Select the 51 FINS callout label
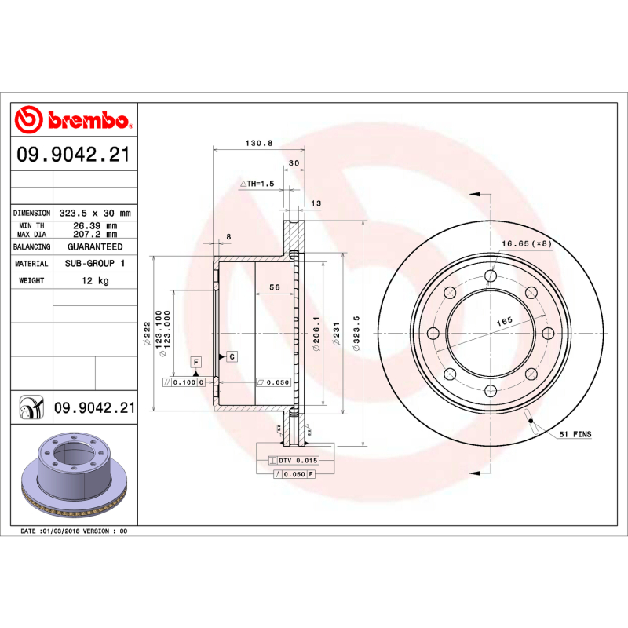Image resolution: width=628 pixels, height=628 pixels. pyautogui.click(x=575, y=434)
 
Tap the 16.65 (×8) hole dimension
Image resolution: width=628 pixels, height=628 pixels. pyautogui.click(x=527, y=244)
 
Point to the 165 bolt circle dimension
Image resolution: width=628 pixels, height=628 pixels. pyautogui.click(x=503, y=321)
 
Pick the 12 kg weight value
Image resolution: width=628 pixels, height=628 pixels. pyautogui.click(x=97, y=280)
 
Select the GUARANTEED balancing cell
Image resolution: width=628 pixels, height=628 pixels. pyautogui.click(x=94, y=246)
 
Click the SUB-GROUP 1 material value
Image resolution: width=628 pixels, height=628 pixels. pyautogui.click(x=94, y=264)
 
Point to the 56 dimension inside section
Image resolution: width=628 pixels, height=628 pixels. pyautogui.click(x=275, y=287)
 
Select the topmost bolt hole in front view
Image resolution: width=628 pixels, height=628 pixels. pyautogui.click(x=491, y=275)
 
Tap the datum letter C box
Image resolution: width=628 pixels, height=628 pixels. pyautogui.click(x=232, y=357)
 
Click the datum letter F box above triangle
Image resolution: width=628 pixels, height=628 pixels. pyautogui.click(x=195, y=362)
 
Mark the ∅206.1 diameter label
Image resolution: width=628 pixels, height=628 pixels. pyautogui.click(x=316, y=334)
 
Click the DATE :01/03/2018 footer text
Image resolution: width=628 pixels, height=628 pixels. pyautogui.click(x=73, y=531)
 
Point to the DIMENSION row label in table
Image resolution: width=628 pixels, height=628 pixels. pyautogui.click(x=32, y=214)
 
